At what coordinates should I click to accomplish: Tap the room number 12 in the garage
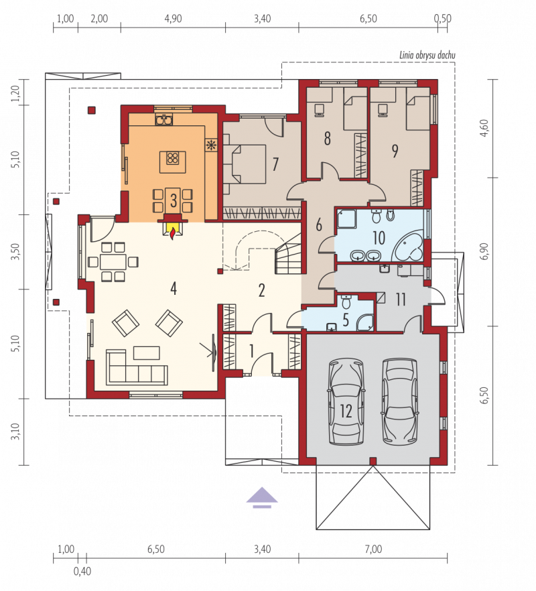click(x=346, y=411)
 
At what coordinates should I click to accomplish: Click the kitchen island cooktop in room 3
click(x=173, y=158)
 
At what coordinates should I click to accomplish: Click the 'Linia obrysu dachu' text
click(x=427, y=56)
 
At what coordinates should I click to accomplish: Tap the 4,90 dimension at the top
click(x=173, y=19)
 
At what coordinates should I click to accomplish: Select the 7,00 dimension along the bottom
click(x=373, y=549)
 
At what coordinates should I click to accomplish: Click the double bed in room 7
click(x=245, y=164)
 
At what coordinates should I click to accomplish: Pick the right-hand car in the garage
click(x=400, y=402)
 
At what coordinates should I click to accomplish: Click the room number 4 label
click(x=174, y=289)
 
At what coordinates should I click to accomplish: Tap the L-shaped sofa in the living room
click(x=137, y=367)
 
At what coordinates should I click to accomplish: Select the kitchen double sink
click(x=164, y=120)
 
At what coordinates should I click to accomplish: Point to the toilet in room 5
click(x=346, y=301)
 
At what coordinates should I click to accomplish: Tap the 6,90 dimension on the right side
click(x=484, y=252)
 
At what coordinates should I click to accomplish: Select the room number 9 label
click(x=395, y=151)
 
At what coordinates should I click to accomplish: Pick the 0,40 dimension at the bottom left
click(x=82, y=572)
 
